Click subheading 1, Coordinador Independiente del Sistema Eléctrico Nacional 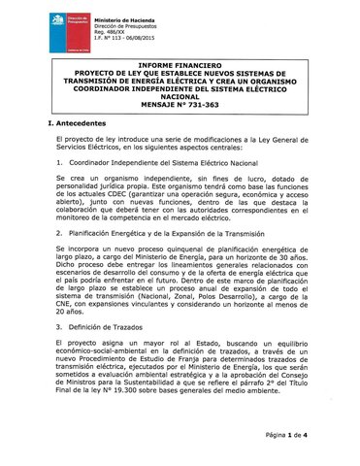161,164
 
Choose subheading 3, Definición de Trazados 108,327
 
